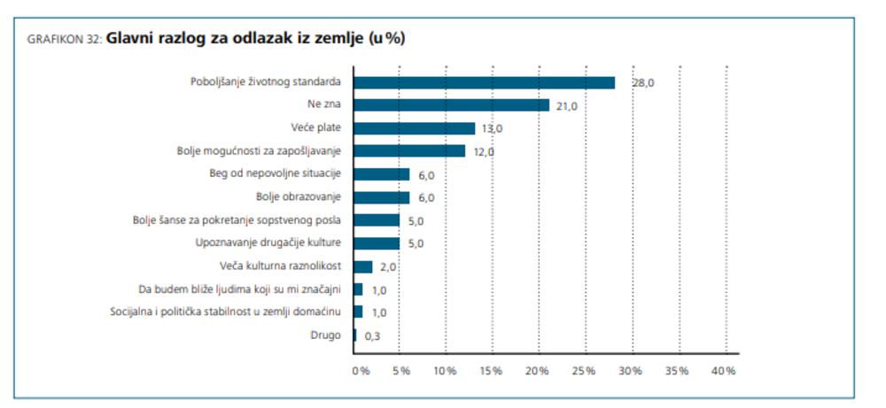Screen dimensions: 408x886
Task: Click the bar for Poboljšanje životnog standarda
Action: point(485,82)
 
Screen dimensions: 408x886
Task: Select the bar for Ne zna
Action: point(452,105)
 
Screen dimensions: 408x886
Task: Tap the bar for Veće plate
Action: point(415,128)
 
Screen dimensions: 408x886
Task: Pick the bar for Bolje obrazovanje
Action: point(382,197)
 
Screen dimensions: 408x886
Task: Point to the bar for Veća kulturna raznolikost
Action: point(363,266)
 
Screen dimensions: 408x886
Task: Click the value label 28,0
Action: point(642,83)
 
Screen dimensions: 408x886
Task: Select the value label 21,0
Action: point(566,106)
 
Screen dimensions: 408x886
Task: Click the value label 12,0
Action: point(483,152)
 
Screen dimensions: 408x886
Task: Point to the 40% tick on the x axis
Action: point(725,370)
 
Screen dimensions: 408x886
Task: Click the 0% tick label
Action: point(361,370)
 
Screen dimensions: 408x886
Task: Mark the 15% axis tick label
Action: point(492,370)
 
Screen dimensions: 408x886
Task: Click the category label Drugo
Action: point(325,335)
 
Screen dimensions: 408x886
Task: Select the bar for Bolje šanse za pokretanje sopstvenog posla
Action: point(377,220)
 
